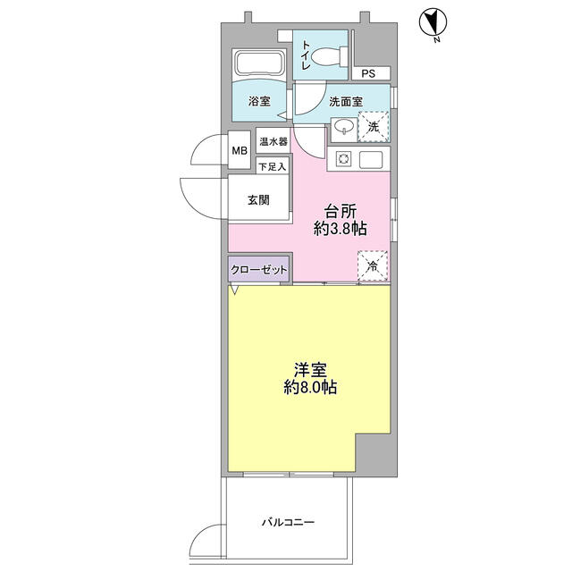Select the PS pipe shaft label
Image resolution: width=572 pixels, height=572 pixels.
click(x=369, y=74)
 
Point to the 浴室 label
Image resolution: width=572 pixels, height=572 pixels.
click(x=259, y=102)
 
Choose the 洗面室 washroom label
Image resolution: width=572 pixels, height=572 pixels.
click(x=345, y=101)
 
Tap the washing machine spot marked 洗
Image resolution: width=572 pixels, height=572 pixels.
click(x=374, y=127)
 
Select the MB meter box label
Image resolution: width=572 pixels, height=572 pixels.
click(x=240, y=151)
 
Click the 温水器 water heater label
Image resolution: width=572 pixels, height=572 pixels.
click(x=272, y=141)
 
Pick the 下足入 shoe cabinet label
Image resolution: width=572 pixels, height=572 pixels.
click(x=272, y=165)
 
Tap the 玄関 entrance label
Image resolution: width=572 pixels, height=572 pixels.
click(x=259, y=201)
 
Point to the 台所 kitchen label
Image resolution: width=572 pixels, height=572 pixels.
click(x=341, y=212)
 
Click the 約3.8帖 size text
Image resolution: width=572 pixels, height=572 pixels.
click(x=341, y=231)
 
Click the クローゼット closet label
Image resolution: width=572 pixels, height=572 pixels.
click(x=259, y=268)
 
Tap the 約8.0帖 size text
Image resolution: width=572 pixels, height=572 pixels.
click(x=310, y=388)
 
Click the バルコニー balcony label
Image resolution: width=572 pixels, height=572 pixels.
click(x=288, y=522)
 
